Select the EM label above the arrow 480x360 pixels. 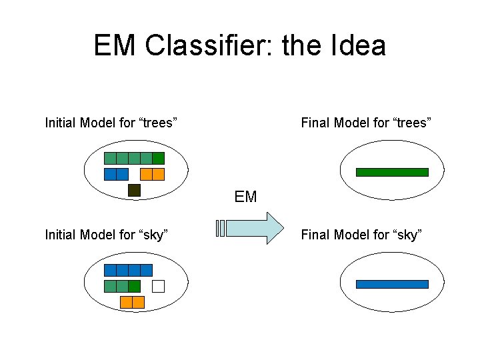click(x=245, y=197)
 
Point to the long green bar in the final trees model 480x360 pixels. click(x=392, y=172)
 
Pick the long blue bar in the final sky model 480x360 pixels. click(x=392, y=284)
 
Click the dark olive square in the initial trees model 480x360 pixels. click(x=134, y=190)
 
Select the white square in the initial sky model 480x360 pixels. click(x=158, y=286)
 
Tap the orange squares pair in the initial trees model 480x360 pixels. click(x=153, y=174)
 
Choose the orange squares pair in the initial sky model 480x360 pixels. click(x=132, y=302)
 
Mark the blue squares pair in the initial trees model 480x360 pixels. click(x=116, y=174)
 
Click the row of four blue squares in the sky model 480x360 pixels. click(x=128, y=270)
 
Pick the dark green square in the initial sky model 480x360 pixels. click(x=135, y=286)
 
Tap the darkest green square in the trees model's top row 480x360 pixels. click(x=158, y=158)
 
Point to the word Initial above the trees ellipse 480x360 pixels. click(x=60, y=123)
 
